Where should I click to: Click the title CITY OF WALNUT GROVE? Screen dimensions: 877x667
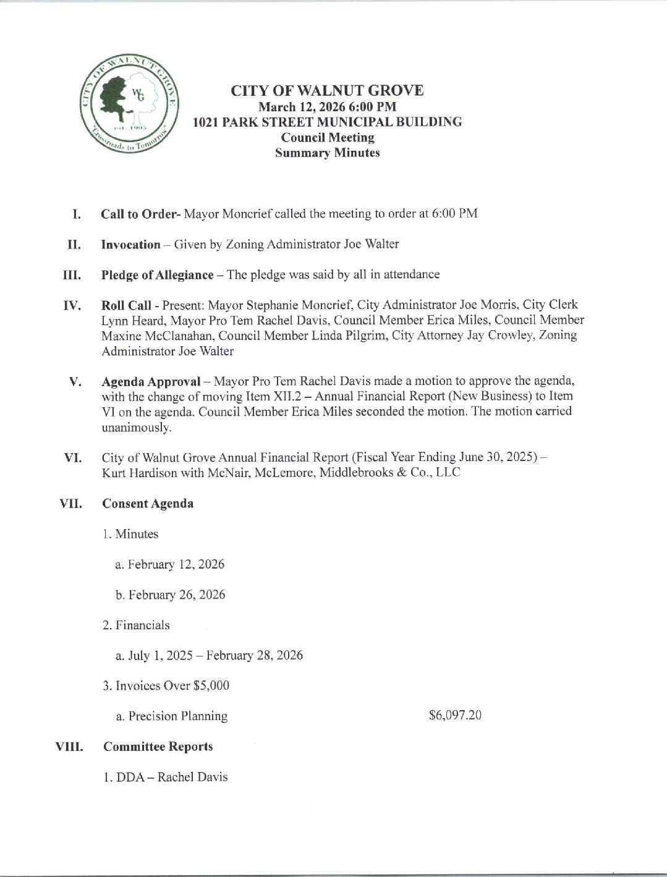[x=327, y=90]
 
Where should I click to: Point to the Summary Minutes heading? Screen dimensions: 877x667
[x=327, y=153]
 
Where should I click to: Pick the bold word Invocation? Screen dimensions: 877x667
[x=130, y=244]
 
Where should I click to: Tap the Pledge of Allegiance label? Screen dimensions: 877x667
[x=157, y=274]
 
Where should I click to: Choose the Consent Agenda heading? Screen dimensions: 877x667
[x=148, y=503]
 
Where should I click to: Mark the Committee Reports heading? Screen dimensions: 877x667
[x=158, y=746]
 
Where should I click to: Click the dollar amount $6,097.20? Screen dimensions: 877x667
[x=455, y=715]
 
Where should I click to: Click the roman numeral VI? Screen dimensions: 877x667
[x=73, y=458]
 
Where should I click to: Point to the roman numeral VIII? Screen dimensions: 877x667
[x=70, y=747]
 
